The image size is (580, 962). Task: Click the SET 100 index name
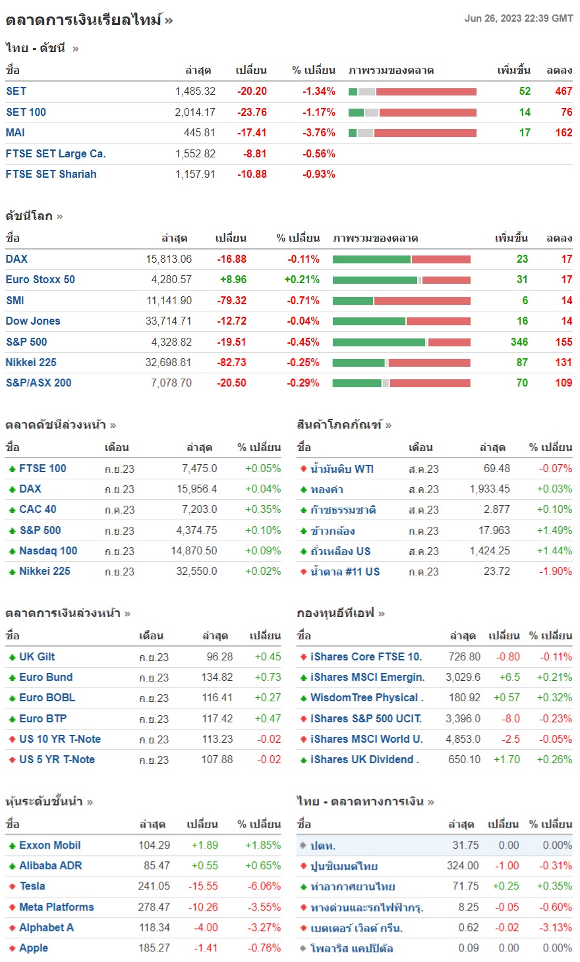click(x=26, y=112)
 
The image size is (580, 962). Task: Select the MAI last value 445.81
click(x=199, y=132)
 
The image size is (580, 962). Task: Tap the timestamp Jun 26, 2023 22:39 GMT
click(x=518, y=18)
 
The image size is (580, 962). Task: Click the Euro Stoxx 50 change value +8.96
click(x=233, y=279)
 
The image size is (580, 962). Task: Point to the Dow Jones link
click(x=33, y=321)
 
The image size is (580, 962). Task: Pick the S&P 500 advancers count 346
click(x=519, y=342)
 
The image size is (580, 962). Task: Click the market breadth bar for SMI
click(x=401, y=300)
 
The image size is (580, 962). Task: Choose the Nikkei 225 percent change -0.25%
click(x=303, y=362)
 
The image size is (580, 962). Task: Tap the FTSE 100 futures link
click(x=43, y=468)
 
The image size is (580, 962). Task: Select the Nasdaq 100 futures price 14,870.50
click(x=194, y=550)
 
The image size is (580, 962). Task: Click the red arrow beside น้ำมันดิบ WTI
click(x=303, y=469)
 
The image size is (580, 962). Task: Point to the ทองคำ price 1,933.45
click(x=490, y=489)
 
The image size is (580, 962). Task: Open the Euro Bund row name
click(x=46, y=677)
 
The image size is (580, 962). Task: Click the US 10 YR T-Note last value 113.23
click(x=217, y=739)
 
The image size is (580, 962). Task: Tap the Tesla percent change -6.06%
click(x=264, y=886)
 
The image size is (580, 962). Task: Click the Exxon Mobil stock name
click(x=50, y=845)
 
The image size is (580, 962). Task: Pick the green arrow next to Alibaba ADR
click(x=12, y=866)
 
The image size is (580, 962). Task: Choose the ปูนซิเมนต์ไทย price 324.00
click(x=463, y=865)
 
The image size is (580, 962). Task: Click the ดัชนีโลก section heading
click(x=30, y=216)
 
